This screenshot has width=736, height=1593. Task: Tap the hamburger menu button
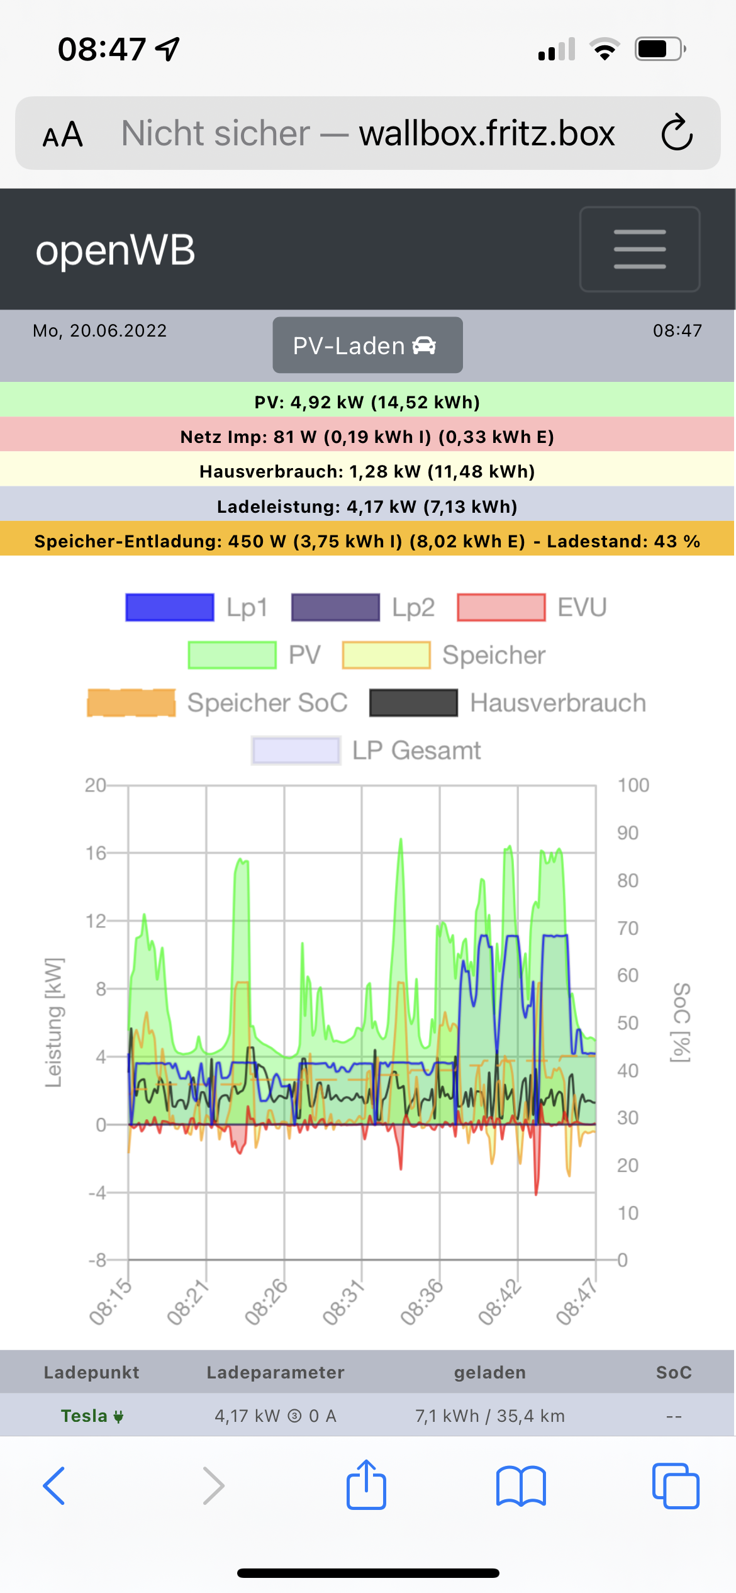[640, 249]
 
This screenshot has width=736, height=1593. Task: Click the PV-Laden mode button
[367, 345]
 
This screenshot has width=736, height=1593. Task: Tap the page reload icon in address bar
[677, 133]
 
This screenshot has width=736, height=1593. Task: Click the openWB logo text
[115, 250]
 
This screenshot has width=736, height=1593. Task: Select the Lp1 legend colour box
[170, 608]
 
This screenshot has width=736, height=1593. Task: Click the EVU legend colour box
[501, 608]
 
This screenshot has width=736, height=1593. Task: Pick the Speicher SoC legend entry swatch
[131, 703]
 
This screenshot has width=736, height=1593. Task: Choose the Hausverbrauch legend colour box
[413, 703]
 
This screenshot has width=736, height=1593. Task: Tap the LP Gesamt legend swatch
[296, 751]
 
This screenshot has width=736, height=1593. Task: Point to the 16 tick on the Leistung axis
[96, 853]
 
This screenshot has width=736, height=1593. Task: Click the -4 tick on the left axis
[97, 1193]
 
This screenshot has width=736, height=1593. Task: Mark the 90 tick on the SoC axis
[628, 833]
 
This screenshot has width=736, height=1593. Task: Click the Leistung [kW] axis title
[54, 1023]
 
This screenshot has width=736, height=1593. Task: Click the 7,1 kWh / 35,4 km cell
[490, 1416]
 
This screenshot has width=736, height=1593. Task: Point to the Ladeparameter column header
[276, 1372]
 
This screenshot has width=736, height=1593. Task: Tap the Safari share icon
[367, 1485]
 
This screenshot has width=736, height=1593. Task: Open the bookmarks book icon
[521, 1486]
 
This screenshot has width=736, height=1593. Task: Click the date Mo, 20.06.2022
[100, 331]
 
